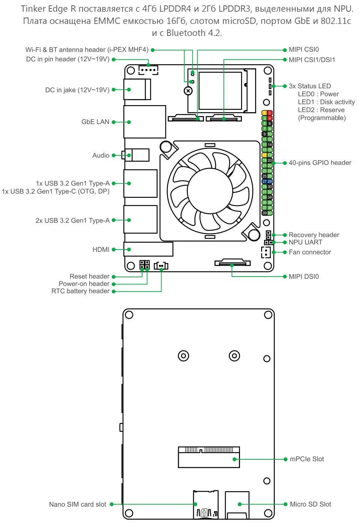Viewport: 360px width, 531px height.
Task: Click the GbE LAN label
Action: point(95,122)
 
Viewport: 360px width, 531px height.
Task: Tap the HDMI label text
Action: point(101,250)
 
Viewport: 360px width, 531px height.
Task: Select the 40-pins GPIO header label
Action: point(319,163)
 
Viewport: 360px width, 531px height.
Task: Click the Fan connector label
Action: point(310,252)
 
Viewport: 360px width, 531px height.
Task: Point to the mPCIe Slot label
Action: point(307,459)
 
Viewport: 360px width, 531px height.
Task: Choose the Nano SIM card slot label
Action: point(78,504)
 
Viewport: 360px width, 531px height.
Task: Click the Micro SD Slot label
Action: point(310,504)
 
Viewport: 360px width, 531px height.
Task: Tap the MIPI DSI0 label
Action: point(303,277)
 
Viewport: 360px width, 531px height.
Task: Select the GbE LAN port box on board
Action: point(145,122)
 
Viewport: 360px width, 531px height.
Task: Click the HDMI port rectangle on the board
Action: point(148,249)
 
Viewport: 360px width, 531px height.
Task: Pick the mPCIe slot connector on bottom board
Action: point(208,457)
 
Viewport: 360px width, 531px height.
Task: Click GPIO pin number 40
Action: point(270,213)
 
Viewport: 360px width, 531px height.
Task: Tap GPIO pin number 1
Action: point(264,113)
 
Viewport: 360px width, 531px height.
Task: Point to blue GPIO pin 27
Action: point(264,182)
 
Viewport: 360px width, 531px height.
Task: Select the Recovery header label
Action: point(313,235)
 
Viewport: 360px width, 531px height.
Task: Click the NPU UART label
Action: point(305,242)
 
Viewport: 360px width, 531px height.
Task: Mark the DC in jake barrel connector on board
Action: point(137,89)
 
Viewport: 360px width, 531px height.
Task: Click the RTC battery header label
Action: point(80,291)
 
